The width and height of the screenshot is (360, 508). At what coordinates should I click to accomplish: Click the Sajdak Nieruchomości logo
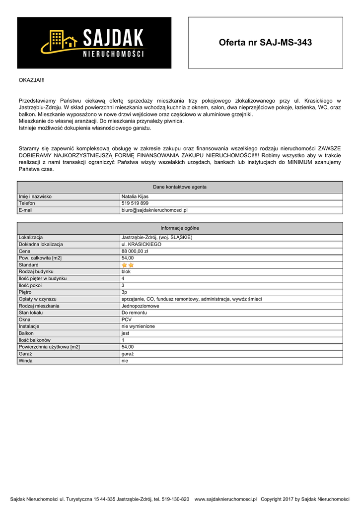click(x=94, y=43)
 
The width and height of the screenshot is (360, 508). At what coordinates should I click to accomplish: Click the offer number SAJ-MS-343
click(x=265, y=43)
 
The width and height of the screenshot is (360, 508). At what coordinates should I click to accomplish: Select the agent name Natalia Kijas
click(x=135, y=196)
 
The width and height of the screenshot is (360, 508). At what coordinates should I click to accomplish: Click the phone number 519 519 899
click(x=135, y=203)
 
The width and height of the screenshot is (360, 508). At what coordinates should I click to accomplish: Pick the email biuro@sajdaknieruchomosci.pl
click(x=154, y=210)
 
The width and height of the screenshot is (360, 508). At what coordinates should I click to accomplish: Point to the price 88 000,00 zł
click(x=135, y=252)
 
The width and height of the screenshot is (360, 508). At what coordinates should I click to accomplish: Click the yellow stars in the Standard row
click(x=128, y=265)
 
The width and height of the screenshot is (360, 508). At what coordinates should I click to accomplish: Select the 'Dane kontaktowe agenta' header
click(x=180, y=187)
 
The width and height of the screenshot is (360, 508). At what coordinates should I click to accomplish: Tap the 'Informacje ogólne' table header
click(x=180, y=228)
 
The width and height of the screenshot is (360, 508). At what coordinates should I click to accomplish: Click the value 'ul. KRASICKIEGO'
click(x=142, y=245)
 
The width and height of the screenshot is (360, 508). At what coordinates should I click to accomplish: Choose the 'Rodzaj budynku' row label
click(x=36, y=272)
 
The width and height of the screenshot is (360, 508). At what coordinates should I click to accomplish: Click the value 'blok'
click(x=126, y=272)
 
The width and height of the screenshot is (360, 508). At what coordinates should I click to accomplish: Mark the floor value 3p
click(x=125, y=293)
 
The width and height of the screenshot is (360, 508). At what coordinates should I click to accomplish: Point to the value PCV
click(x=127, y=320)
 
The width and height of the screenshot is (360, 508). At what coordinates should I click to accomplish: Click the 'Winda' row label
click(x=26, y=361)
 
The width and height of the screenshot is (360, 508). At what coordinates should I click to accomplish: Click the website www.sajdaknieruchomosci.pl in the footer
click(x=225, y=499)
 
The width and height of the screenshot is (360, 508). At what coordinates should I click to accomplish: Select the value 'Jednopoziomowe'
click(x=141, y=306)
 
